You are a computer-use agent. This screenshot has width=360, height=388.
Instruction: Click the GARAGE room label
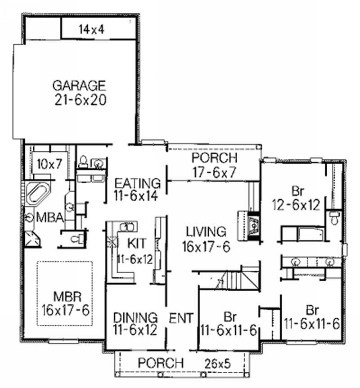[x=79, y=85]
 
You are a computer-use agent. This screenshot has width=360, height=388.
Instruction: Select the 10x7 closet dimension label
[x=49, y=165]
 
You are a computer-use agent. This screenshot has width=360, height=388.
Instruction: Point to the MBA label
[x=51, y=217]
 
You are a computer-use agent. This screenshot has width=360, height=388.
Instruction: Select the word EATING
[x=138, y=184]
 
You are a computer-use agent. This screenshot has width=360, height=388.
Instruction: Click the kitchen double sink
[x=127, y=226]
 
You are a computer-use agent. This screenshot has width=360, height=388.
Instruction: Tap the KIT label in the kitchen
[x=136, y=244]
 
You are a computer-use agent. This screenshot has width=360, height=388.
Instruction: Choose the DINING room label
[x=135, y=318]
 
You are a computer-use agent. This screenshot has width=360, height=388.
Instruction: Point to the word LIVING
[x=206, y=232]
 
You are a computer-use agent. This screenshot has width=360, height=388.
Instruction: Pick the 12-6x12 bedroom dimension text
[x=296, y=205]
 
